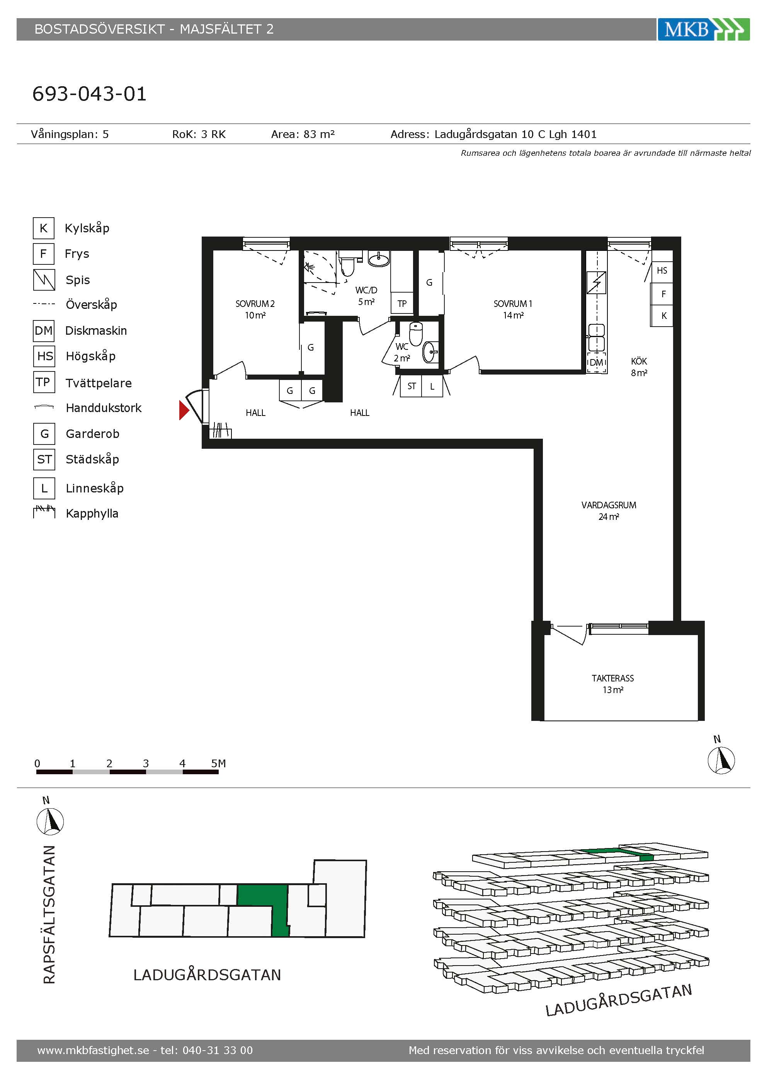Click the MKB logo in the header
coord(703,29)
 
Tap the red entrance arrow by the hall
coord(184,410)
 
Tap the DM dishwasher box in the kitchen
coord(597,363)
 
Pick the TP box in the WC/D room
coord(402,303)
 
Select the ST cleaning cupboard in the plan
coord(412,387)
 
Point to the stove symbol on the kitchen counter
coord(597,283)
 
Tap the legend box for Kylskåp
coord(43,228)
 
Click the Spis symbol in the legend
coord(44,280)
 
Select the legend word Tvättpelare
coord(99,383)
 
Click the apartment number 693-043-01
coord(90,94)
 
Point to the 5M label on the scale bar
coord(219,763)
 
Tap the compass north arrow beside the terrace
coord(721,760)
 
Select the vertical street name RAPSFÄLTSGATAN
coord(49,915)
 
